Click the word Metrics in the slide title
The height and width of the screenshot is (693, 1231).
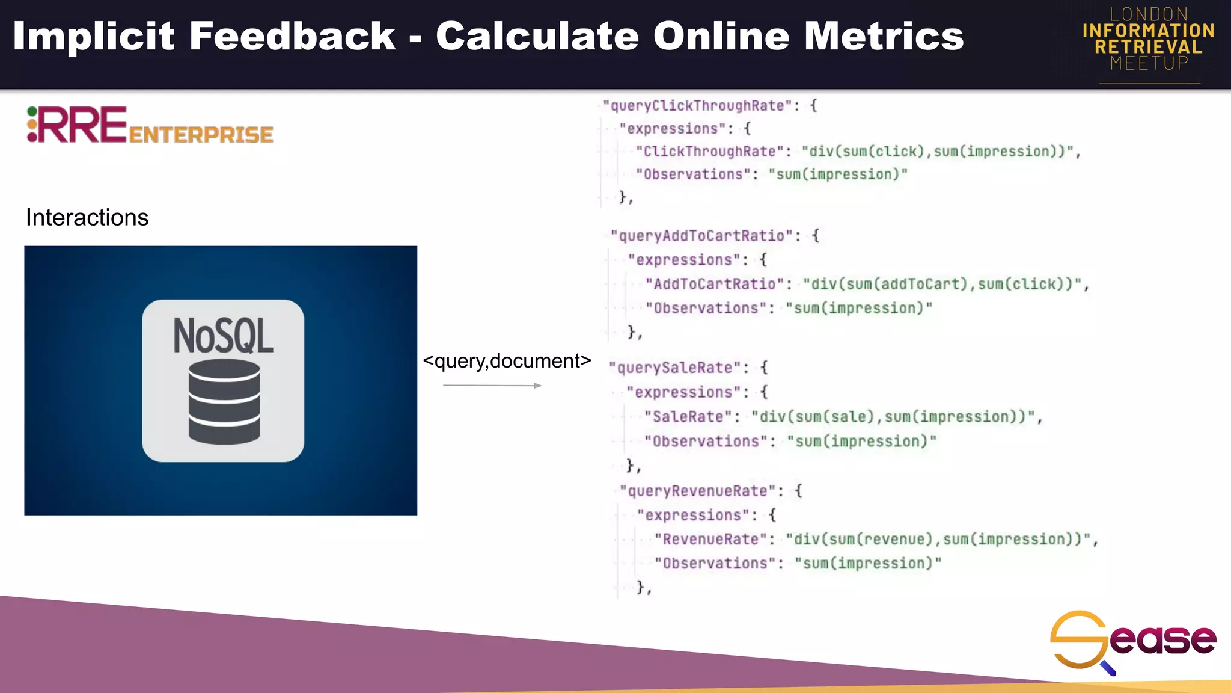(884, 36)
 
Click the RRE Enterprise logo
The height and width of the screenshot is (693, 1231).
(150, 126)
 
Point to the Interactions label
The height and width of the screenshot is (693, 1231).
(87, 217)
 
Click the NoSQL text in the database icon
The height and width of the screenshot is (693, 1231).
(223, 336)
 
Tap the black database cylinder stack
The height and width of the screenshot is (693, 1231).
(224, 401)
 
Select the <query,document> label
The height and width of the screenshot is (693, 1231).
(507, 361)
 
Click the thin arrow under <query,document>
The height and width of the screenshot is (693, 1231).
(492, 385)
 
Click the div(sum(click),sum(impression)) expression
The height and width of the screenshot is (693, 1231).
(938, 152)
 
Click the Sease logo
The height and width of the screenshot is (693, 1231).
(1132, 641)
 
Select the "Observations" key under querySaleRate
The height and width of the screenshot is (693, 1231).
(706, 442)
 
